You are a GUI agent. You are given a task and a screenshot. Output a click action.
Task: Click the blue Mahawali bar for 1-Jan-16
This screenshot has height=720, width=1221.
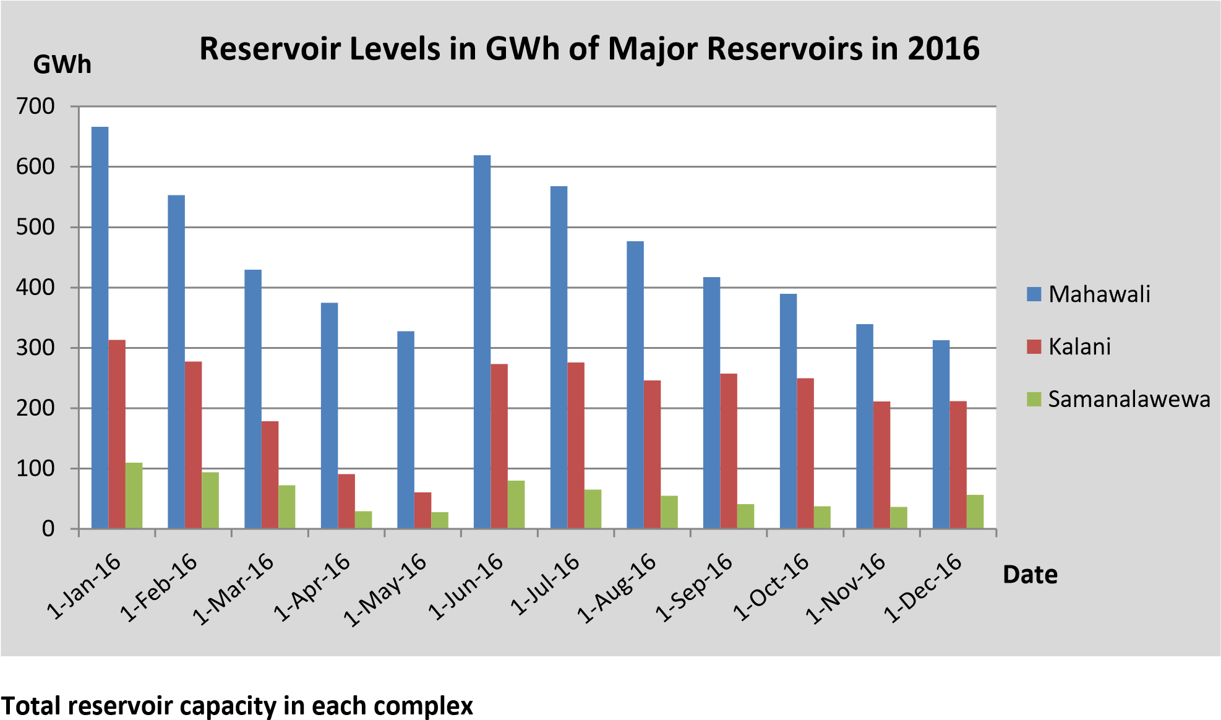coord(100,328)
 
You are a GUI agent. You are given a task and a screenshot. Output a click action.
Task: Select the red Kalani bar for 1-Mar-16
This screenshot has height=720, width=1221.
coord(270,475)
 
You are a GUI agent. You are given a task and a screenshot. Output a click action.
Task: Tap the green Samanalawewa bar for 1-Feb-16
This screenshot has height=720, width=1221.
coord(210,500)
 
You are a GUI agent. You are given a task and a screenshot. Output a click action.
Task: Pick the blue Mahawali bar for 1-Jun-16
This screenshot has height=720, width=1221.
coord(482,342)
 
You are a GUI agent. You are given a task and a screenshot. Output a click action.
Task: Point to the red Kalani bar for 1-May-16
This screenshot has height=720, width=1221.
coord(422,511)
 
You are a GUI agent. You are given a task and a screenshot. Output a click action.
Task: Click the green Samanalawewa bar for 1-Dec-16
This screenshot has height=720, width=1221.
coord(975,512)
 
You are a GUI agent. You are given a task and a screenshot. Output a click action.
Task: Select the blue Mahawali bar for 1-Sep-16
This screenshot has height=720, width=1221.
coord(711,403)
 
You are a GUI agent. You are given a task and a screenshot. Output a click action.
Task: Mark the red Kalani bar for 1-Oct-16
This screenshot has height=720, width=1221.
coord(805,453)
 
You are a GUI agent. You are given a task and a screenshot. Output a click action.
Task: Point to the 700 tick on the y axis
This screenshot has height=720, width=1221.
coord(36,106)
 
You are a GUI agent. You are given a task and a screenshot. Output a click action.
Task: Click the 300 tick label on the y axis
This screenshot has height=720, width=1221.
coord(36,348)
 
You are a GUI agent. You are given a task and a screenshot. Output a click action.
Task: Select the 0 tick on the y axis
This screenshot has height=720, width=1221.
coord(48,529)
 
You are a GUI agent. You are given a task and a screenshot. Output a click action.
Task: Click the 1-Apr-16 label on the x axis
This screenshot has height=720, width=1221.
coord(312,588)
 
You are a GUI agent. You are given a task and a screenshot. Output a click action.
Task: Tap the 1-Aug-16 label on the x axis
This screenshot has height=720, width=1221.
coord(617,588)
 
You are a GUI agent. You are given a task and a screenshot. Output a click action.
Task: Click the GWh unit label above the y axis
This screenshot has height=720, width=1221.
coord(62,64)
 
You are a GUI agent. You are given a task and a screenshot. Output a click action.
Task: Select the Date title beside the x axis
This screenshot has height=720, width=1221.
coord(1030,575)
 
